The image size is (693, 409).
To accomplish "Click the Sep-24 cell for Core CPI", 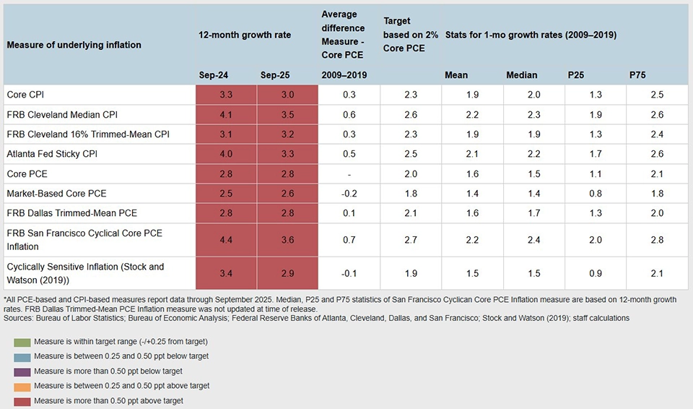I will click(x=226, y=95).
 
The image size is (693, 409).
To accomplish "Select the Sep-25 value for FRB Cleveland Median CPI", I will click(x=287, y=114).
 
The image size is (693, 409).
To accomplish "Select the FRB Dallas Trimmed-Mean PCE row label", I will click(x=71, y=213).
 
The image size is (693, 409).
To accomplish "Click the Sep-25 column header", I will click(x=274, y=75).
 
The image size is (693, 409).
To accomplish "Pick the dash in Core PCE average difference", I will click(x=349, y=173).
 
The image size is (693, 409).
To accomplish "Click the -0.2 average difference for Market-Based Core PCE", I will click(x=349, y=193).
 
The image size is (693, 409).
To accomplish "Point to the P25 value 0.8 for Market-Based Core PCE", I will click(x=596, y=193).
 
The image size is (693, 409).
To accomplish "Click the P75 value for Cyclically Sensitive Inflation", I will click(x=657, y=273).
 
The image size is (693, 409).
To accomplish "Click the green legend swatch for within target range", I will click(x=21, y=341).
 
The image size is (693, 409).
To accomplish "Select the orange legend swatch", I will click(x=21, y=386).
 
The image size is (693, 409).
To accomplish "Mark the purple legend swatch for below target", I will click(x=21, y=371).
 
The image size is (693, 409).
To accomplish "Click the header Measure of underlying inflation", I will click(x=74, y=45).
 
